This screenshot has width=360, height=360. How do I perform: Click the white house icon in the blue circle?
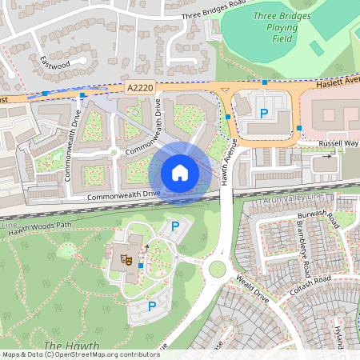click(x=180, y=172)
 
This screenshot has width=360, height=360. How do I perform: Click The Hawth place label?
click(x=63, y=346)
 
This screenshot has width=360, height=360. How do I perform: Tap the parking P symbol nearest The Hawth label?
click(x=150, y=306)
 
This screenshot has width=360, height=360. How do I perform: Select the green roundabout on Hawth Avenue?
click(x=217, y=268)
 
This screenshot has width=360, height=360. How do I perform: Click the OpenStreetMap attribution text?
click(x=80, y=354)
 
